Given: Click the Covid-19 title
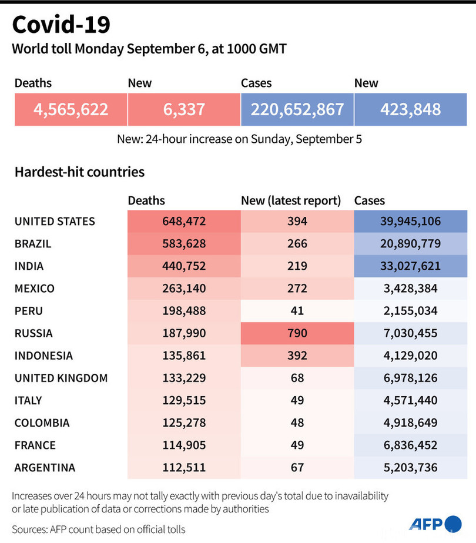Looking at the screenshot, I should [x=61, y=25].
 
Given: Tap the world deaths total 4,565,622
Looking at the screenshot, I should [x=71, y=109].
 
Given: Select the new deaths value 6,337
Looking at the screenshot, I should [x=183, y=109].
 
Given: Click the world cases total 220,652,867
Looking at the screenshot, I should [x=297, y=109].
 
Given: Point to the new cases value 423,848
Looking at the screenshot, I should [x=410, y=109].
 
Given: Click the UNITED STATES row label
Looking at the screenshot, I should [x=55, y=222].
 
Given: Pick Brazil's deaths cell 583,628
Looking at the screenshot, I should [x=183, y=244].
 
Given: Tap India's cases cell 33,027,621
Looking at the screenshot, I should [x=410, y=266].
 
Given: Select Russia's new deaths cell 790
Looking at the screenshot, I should [x=297, y=333].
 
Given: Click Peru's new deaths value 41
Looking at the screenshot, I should [x=297, y=311].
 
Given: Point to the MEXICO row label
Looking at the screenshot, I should [x=35, y=289].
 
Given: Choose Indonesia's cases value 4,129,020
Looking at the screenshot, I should [x=410, y=356].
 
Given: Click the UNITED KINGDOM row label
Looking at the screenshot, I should [x=61, y=378].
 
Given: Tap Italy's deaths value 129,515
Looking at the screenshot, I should [x=183, y=400].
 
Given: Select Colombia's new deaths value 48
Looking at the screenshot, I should [x=297, y=423].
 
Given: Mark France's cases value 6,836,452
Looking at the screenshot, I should [x=410, y=445].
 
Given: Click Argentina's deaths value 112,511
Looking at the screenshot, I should [x=183, y=467].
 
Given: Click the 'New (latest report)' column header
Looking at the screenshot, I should [x=291, y=200].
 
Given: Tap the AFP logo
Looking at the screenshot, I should [x=435, y=524].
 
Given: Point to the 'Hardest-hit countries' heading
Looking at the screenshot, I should [x=79, y=172].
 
